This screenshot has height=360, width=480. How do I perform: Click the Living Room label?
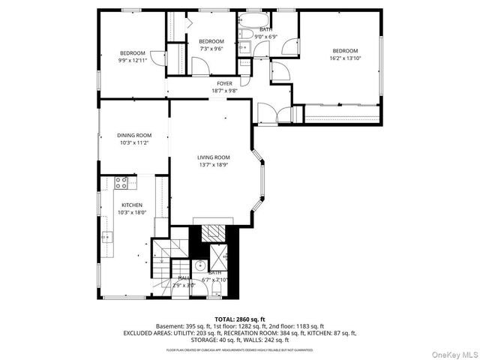click(x=213, y=157)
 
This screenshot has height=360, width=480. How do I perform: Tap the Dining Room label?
click(x=134, y=135)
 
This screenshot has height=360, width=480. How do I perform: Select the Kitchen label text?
click(x=132, y=204)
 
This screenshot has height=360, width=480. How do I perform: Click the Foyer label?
click(x=224, y=83)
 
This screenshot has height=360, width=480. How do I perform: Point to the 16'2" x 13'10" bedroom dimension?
click(x=345, y=58)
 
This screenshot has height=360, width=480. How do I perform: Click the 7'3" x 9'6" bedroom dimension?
click(x=211, y=49)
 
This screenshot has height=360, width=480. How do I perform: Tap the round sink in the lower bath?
click(x=200, y=265)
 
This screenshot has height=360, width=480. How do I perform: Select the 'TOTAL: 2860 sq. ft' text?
click(x=239, y=319)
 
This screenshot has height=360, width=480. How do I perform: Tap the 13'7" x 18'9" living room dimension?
click(x=213, y=165)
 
